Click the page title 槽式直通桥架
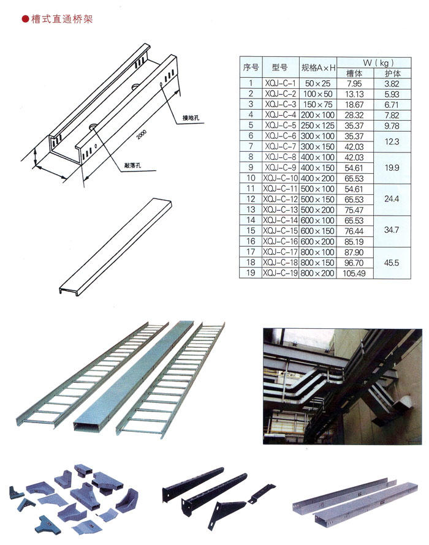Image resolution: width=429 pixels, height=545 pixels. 62,19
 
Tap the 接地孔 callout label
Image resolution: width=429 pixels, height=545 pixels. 191,118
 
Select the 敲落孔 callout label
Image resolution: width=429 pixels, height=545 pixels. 133,165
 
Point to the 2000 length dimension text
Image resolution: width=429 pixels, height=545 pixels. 141,134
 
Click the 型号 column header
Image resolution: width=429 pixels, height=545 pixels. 280,67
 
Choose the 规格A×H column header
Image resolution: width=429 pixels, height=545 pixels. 318,67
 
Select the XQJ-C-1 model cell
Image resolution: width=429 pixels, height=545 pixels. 280,83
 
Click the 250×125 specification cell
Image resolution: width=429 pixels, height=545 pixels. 318,126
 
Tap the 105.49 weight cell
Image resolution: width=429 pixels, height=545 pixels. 355,273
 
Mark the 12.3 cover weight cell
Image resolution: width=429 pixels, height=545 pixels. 392,141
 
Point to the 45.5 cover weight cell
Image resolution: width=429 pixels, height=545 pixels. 392,263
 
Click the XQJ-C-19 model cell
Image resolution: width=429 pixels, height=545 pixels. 280,273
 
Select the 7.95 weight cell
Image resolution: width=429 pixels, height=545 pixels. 355,83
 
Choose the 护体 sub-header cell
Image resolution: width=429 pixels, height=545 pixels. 392,73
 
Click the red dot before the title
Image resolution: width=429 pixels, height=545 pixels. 25,19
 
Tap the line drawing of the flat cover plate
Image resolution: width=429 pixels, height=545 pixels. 115,246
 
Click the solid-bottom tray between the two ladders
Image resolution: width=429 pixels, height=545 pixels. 133,376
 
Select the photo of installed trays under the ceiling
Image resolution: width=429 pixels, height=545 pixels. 343,386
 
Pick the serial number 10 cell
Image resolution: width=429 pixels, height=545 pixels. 251,178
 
